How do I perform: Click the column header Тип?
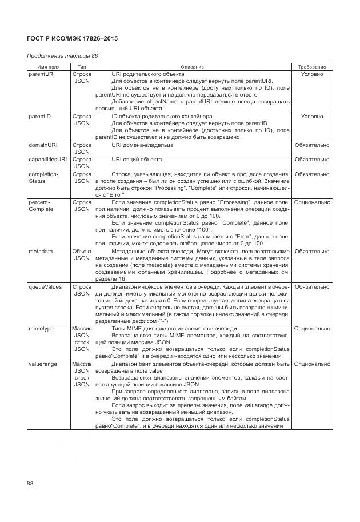tap(82, 67)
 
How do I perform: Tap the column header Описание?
tap(192, 67)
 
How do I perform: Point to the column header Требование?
tap(311, 67)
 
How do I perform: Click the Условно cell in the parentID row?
tap(311, 116)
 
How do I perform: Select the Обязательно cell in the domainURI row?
tap(311, 145)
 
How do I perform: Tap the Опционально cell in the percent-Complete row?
tap(311, 202)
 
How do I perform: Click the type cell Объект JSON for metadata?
tap(82, 254)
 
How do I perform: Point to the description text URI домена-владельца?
tap(142, 145)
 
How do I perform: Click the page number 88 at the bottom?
tap(30, 484)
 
